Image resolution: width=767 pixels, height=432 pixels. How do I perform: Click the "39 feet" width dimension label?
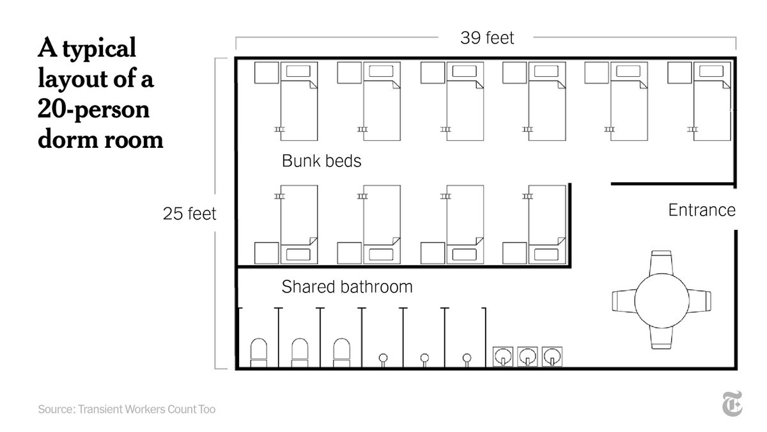[x=487, y=38]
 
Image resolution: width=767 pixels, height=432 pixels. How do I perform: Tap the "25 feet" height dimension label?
[x=189, y=214]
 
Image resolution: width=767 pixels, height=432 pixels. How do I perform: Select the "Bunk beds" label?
[x=322, y=161]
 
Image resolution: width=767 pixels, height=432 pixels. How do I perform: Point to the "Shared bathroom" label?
[x=347, y=287]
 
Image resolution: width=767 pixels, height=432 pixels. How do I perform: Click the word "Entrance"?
[x=702, y=210]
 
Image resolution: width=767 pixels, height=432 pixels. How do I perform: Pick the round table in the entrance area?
[x=662, y=301]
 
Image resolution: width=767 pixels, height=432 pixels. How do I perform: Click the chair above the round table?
[x=661, y=262]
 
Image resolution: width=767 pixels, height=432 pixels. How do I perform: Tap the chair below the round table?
[x=661, y=338]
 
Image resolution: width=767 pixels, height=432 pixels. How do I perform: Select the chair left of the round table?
[x=624, y=301]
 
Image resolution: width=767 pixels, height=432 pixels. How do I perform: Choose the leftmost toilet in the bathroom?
[x=258, y=353]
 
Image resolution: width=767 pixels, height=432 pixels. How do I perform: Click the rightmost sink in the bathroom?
[x=552, y=356]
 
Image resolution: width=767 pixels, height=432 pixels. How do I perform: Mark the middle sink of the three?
[x=527, y=356]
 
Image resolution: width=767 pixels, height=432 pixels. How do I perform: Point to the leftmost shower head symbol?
[x=383, y=360]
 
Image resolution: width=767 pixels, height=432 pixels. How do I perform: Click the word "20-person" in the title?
[x=93, y=109]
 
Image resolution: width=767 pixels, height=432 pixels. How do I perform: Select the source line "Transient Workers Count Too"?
[x=146, y=409]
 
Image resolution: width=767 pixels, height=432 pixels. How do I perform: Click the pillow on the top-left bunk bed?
[x=298, y=71]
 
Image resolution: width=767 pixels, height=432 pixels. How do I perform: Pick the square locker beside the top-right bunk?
[x=679, y=73]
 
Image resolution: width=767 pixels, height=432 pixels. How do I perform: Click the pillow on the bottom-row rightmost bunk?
[x=546, y=255]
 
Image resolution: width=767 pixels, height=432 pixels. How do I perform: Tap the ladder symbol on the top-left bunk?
[x=279, y=129]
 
